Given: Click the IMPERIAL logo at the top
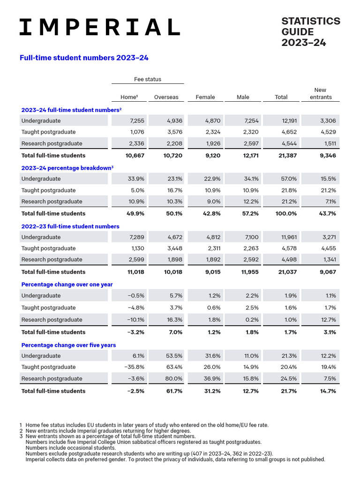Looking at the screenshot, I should (99, 27).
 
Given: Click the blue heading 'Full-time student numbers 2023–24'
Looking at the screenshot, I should (84, 58).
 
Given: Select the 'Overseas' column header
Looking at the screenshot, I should (166, 97).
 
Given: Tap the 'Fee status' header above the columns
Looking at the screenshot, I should (148, 79).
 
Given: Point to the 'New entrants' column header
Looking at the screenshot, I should (321, 93).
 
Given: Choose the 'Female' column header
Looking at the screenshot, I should (205, 97).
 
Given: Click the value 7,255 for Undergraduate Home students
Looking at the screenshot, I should (136, 121).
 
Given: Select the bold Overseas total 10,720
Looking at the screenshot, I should (172, 156).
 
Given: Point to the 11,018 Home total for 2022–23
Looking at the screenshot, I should (135, 272).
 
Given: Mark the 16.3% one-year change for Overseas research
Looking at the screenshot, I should (174, 320).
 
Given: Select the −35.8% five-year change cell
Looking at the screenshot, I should (134, 367).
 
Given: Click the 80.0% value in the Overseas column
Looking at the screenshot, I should (174, 379).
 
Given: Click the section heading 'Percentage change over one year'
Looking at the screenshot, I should (67, 285).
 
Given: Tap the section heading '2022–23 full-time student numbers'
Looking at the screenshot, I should (70, 226).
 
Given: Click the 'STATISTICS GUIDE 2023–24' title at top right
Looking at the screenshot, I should (310, 32).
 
